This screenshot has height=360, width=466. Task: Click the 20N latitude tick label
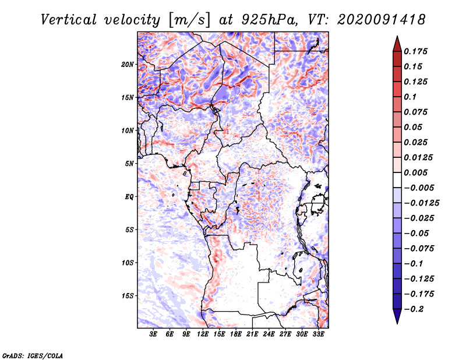(x=128, y=64)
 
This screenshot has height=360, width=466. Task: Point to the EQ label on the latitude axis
(x=129, y=197)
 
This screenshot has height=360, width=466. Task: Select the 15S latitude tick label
(x=128, y=296)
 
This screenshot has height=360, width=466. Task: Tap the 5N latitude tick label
(x=129, y=164)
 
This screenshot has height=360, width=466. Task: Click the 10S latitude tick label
(x=128, y=263)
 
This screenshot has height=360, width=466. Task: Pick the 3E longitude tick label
(x=154, y=334)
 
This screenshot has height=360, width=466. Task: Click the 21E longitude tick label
(x=252, y=334)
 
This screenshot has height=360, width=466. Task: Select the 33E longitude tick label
(x=318, y=334)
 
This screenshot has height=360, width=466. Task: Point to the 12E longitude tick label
(x=203, y=334)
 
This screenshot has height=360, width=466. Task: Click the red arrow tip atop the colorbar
(x=397, y=41)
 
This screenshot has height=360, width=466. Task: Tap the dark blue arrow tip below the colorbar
(x=397, y=318)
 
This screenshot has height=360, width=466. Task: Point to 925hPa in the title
(x=265, y=19)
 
